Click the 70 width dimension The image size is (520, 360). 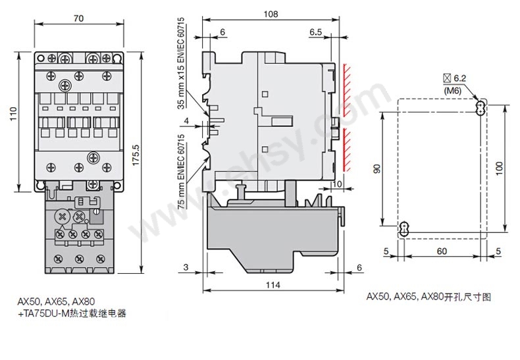78,19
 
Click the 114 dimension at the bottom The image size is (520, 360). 272,284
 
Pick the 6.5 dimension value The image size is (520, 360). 315,32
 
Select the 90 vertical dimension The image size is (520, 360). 377,168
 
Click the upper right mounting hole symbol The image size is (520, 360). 481,107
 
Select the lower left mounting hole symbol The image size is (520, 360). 403,230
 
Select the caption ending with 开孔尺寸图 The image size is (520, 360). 429,297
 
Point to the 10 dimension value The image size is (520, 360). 338,184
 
